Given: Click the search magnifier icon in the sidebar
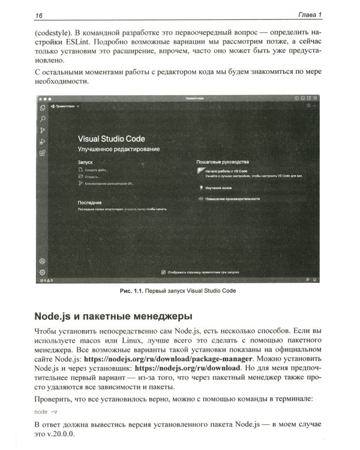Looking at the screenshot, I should coord(43,119).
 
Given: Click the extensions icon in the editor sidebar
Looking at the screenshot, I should coord(43,154).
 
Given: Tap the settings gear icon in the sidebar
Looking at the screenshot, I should coord(43,272).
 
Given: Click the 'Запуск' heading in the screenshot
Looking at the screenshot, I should coord(86,163).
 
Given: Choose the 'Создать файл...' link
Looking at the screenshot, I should coord(94,170).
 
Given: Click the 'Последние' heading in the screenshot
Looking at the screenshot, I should coord(89,203).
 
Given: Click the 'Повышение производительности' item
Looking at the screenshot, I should coord(233,198).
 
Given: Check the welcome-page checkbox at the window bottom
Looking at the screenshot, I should coord(164,272).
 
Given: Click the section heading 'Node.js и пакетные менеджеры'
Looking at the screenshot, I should coord(114,315).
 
